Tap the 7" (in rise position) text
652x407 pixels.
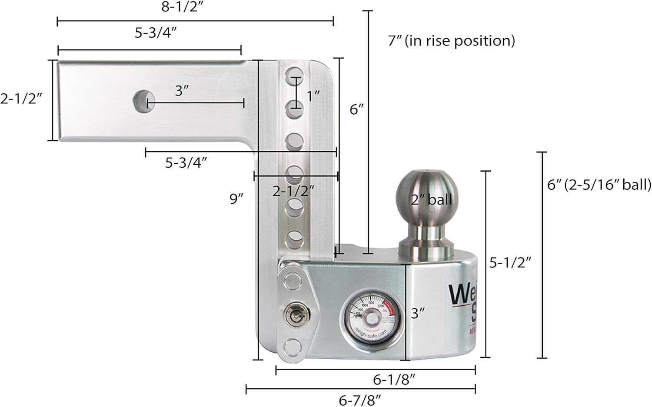(451, 41)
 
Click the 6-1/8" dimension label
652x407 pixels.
(394, 380)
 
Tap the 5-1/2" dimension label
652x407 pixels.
(510, 262)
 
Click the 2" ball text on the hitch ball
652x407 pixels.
(431, 200)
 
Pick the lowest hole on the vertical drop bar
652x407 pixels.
(294, 239)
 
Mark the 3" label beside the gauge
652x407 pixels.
(418, 313)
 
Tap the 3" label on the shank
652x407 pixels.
(182, 91)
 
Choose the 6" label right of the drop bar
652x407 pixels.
(356, 109)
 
